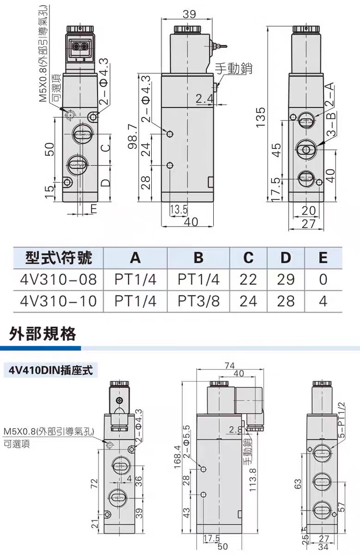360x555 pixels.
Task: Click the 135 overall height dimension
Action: [261, 117]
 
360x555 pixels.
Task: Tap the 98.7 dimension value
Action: [133, 136]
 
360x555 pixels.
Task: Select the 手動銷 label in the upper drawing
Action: [234, 68]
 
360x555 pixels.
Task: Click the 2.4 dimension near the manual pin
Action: [205, 99]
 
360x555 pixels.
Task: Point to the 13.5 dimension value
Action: [179, 210]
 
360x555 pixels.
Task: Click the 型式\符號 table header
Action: [58, 258]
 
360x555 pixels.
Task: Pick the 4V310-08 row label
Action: [58, 279]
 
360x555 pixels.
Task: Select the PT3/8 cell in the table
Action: [199, 301]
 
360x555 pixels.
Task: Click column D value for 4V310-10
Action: [286, 301]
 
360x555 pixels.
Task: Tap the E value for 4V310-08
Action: [323, 279]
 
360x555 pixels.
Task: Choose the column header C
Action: [248, 258]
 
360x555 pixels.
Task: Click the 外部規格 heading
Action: [43, 334]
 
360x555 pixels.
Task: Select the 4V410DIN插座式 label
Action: [51, 370]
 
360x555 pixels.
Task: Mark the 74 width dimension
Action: [230, 366]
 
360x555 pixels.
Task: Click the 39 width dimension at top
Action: [189, 14]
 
